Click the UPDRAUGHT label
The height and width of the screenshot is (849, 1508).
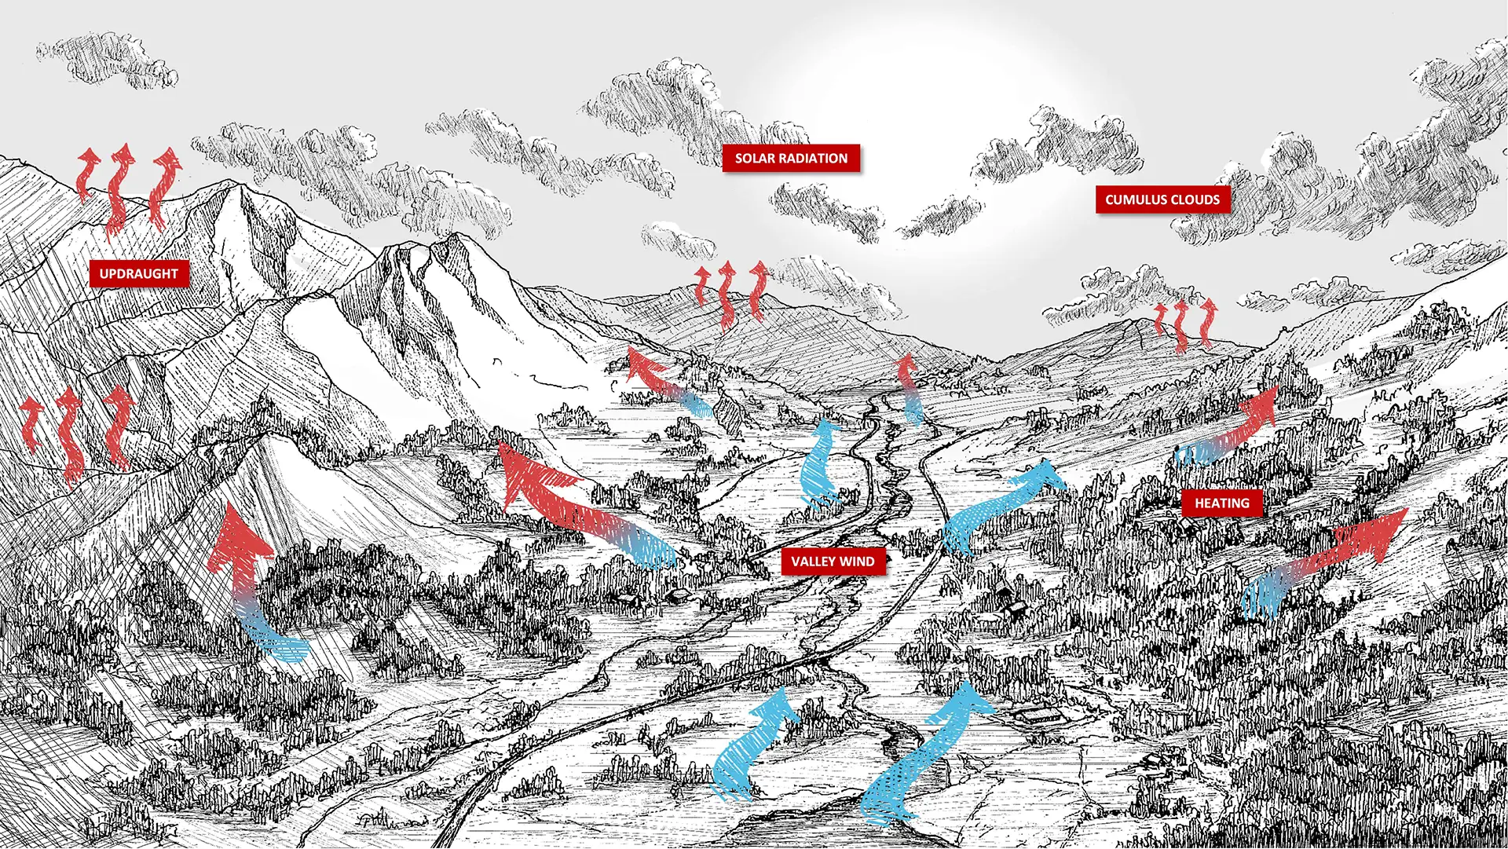click(139, 273)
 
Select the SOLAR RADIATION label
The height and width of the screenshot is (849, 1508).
click(791, 158)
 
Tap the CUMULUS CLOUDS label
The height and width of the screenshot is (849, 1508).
click(1162, 199)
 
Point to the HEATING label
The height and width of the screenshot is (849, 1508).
click(1221, 503)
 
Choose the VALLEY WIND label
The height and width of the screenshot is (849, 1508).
click(833, 561)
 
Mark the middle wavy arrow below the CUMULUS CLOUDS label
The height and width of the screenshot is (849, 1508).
click(1181, 324)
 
